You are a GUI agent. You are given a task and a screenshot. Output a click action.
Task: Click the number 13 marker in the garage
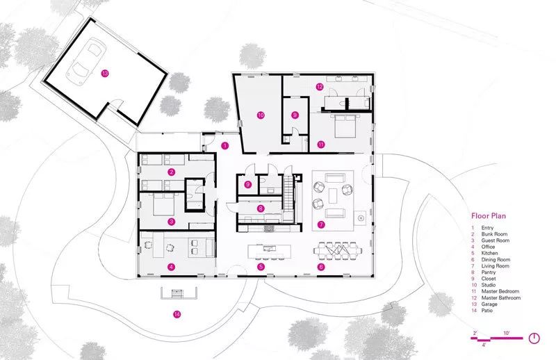click(105, 74)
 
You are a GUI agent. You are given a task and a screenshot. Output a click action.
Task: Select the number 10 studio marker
click(261, 115)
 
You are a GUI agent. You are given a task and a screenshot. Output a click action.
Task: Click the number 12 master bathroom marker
click(320, 86)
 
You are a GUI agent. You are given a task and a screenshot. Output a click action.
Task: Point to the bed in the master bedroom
click(344, 126)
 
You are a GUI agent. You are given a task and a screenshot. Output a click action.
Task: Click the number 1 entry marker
click(224, 145)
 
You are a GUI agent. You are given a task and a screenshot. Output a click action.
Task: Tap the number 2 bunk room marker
click(172, 172)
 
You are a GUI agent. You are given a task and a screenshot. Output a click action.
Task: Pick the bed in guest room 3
click(164, 204)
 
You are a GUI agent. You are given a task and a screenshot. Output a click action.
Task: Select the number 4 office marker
click(172, 267)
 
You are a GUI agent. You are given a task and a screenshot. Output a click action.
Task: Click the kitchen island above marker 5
click(269, 252)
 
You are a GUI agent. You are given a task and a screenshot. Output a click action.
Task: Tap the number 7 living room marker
click(321, 224)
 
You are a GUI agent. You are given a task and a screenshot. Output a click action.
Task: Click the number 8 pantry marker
click(261, 208)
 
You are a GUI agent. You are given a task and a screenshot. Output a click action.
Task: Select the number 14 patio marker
click(177, 314)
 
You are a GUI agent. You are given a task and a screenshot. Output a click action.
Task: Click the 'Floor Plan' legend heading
click(489, 215)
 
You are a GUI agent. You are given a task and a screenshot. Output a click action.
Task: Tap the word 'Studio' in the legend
click(489, 285)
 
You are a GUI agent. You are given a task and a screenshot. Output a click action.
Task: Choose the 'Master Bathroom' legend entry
click(500, 297)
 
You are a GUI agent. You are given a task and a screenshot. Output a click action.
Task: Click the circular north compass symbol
click(534, 338)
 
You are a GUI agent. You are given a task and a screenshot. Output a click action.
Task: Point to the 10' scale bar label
click(507, 333)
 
